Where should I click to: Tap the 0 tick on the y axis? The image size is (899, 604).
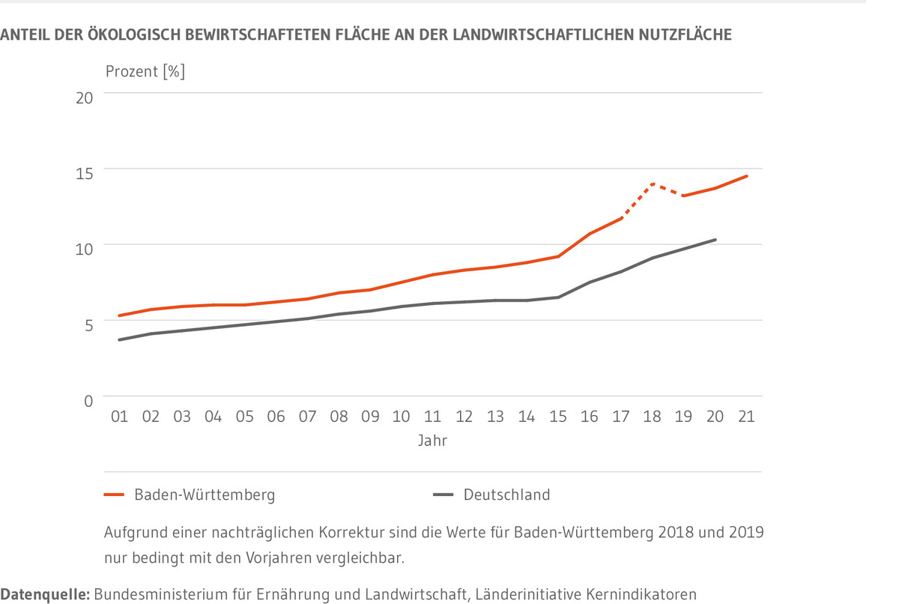(88, 400)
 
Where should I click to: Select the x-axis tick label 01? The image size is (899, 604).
(120, 417)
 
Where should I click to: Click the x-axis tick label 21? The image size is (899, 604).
(746, 417)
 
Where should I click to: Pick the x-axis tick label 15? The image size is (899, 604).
(558, 417)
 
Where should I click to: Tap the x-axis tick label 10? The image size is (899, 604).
(402, 417)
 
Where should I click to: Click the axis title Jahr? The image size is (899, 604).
(432, 441)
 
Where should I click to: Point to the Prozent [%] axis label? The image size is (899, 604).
(145, 73)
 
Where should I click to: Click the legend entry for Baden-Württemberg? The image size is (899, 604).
(205, 495)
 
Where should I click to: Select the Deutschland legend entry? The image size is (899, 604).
(506, 495)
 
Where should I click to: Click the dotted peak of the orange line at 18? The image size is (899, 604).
(653, 183)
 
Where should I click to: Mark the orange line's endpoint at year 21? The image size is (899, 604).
(746, 176)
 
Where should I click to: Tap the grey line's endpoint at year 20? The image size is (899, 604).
(715, 240)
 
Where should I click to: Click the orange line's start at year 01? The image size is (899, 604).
(120, 315)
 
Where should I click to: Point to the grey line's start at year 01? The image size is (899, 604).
(120, 340)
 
